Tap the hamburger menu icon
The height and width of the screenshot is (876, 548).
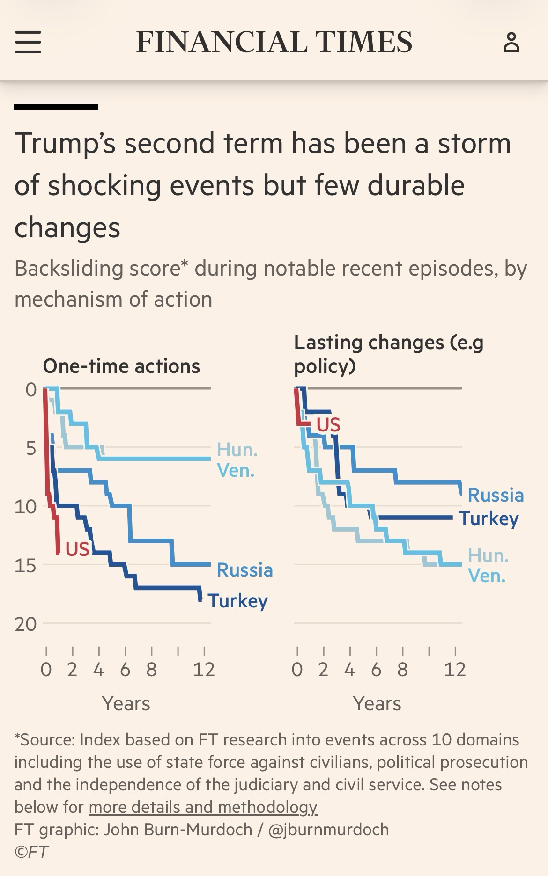[x=28, y=42]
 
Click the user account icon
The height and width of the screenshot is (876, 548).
[x=511, y=42]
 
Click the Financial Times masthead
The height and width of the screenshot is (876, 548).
[x=274, y=42]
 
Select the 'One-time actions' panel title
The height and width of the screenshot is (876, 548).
[x=121, y=366]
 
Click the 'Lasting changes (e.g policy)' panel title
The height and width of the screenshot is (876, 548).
[x=388, y=354]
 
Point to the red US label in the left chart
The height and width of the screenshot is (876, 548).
[x=77, y=549]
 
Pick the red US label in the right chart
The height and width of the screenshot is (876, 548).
[x=328, y=425]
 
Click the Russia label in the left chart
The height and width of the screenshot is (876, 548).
[x=244, y=570]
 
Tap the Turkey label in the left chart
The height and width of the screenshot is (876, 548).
[x=237, y=601]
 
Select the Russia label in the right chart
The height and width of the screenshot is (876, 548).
[x=496, y=495]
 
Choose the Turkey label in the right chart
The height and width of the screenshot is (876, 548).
[x=489, y=518]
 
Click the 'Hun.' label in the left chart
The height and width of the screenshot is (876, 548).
[x=237, y=450]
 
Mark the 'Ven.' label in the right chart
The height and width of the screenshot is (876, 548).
[x=487, y=576]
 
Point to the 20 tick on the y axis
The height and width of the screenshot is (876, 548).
[x=25, y=624]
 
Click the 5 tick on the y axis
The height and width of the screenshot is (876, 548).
[x=31, y=448]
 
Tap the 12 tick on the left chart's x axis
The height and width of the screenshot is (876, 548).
[x=204, y=670]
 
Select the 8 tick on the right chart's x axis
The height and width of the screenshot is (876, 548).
[x=402, y=670]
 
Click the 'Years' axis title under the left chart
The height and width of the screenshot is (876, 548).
[x=126, y=703]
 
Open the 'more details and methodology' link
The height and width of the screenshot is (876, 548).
[x=203, y=807]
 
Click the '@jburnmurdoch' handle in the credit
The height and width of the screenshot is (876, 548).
[x=328, y=830]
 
